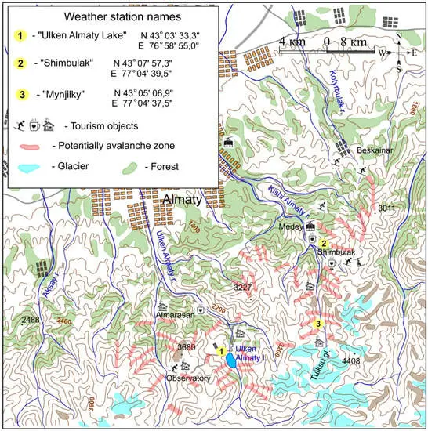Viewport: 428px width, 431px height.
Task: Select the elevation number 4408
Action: [x=350, y=361]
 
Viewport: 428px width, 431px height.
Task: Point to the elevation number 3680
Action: [x=186, y=346]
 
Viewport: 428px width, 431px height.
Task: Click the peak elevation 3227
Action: [x=243, y=288]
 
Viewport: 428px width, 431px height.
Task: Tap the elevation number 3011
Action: [x=387, y=208]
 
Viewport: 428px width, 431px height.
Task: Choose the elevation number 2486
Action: [x=31, y=320]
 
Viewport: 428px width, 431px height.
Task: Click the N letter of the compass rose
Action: [x=399, y=37]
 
